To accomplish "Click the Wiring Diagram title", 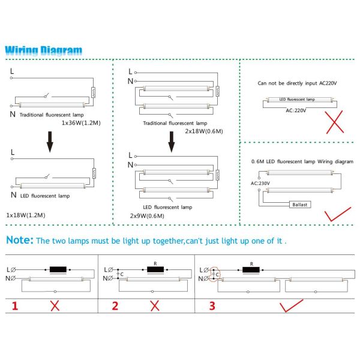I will click(44, 50).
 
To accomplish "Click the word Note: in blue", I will click(20, 240).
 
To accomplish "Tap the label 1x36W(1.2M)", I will click(82, 122).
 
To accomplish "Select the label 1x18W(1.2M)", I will click(26, 214).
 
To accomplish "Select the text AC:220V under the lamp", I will click(296, 110).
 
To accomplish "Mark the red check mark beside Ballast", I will click(337, 214).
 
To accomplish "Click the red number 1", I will click(15, 306).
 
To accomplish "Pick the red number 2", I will click(115, 306).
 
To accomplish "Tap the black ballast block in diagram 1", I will click(58, 269).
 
